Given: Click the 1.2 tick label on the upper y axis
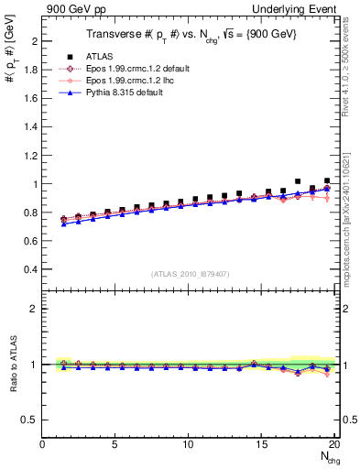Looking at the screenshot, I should pos(30,156).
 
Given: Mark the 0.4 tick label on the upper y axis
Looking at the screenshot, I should pos(30,269).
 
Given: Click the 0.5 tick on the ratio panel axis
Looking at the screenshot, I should pos(30,420).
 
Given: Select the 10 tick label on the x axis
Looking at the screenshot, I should pos(189,444).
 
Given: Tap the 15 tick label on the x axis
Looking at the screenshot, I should pos(261,444).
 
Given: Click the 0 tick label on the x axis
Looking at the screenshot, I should pos(43,444).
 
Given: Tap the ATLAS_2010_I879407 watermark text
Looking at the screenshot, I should pos(190,274).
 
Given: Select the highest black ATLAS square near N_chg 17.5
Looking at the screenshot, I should pos(298,181).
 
